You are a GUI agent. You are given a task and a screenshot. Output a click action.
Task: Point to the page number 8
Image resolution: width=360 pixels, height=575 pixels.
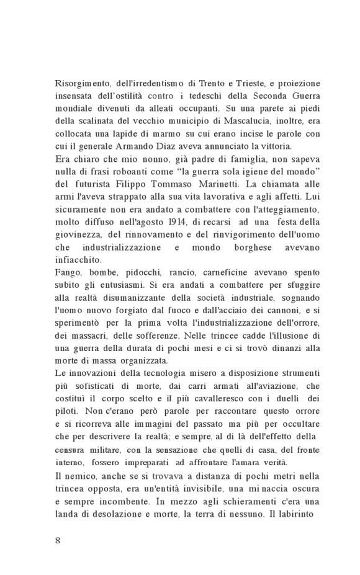pyautogui.click(x=57, y=540)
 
